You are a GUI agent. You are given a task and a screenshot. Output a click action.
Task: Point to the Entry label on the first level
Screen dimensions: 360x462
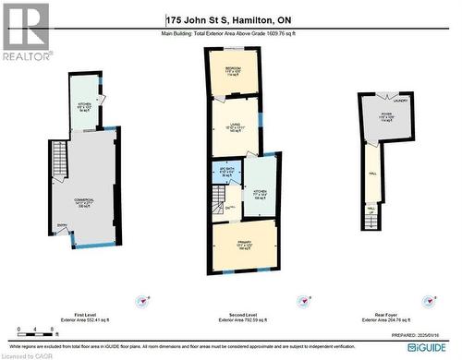(x=62, y=226)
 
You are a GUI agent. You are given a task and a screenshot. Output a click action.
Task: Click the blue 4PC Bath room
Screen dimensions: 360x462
(x=226, y=173)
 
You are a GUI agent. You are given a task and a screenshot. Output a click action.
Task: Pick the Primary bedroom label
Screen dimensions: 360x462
(x=243, y=244)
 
